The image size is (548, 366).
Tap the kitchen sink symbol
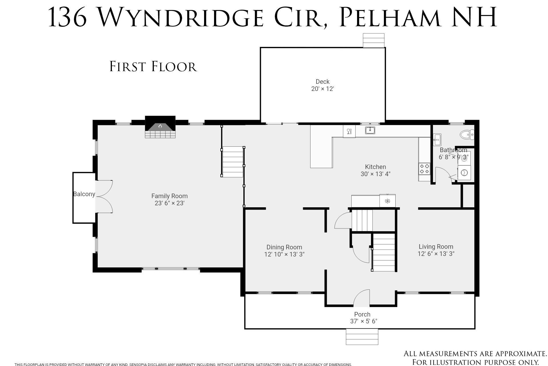[x=370, y=130]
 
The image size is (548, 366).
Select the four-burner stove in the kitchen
[x=424, y=169]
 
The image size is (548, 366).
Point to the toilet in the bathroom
[x=467, y=134]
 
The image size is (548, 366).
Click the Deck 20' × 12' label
[x=323, y=85]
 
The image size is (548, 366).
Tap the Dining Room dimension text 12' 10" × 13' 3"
[x=284, y=254]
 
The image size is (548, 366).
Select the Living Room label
[x=436, y=246]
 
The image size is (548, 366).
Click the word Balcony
[x=84, y=194]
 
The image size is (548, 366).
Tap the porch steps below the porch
[x=362, y=337]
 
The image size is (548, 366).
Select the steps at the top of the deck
[x=373, y=40]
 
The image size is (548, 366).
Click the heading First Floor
[x=153, y=66]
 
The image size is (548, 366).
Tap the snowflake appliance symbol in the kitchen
[x=387, y=201]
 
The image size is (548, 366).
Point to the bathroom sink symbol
[x=437, y=140]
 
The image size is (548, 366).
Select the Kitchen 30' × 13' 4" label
[x=375, y=170]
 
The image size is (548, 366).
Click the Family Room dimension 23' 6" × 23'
[x=170, y=203]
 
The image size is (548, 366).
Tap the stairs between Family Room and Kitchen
[x=233, y=162]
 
